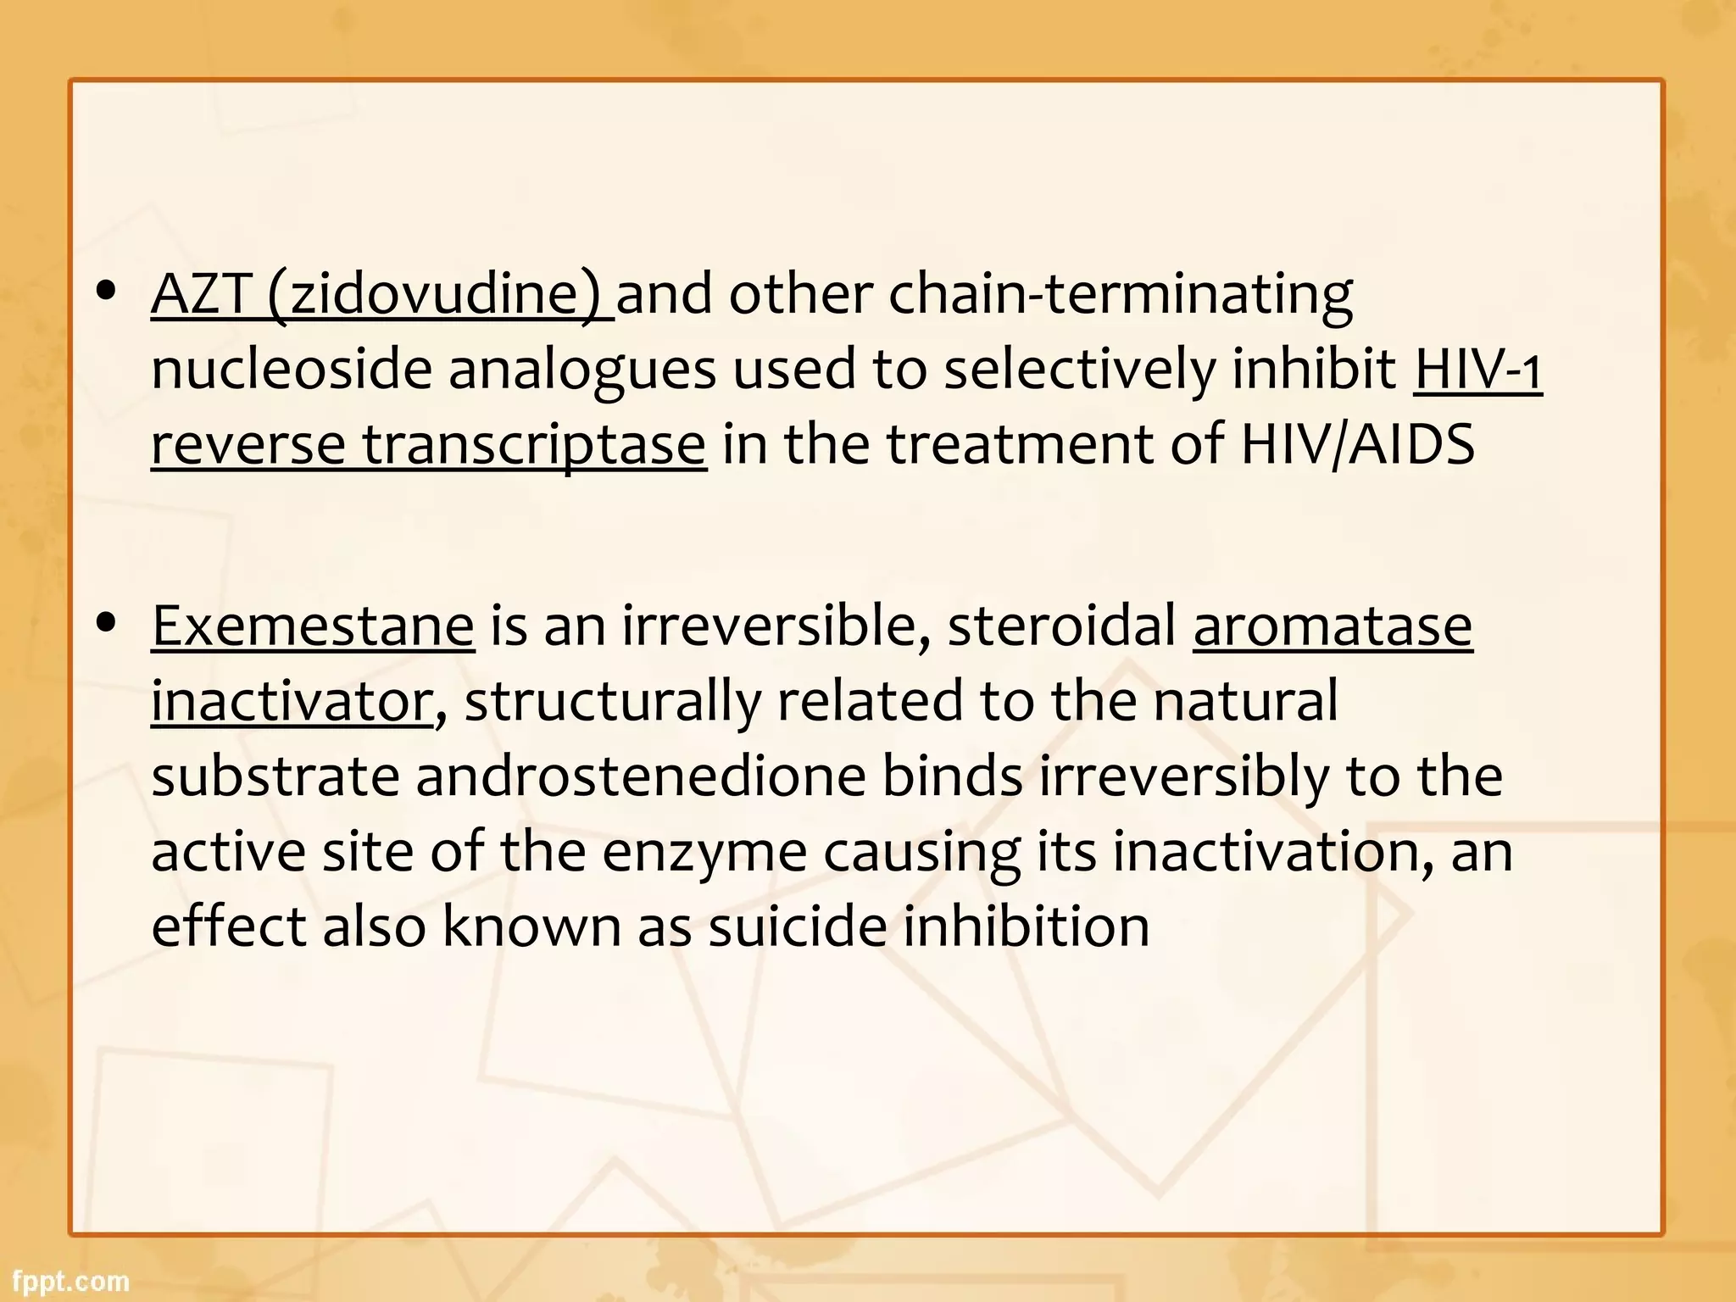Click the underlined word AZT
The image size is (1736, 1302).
200,294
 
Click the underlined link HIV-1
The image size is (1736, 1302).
1477,370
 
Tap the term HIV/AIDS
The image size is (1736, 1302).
1357,444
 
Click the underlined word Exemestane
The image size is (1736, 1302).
313,626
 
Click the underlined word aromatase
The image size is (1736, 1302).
1333,626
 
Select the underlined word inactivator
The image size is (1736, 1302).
292,702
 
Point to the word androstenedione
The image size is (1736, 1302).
641,776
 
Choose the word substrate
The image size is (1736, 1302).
275,776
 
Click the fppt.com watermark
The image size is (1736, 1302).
70,1280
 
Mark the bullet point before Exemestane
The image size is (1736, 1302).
106,624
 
